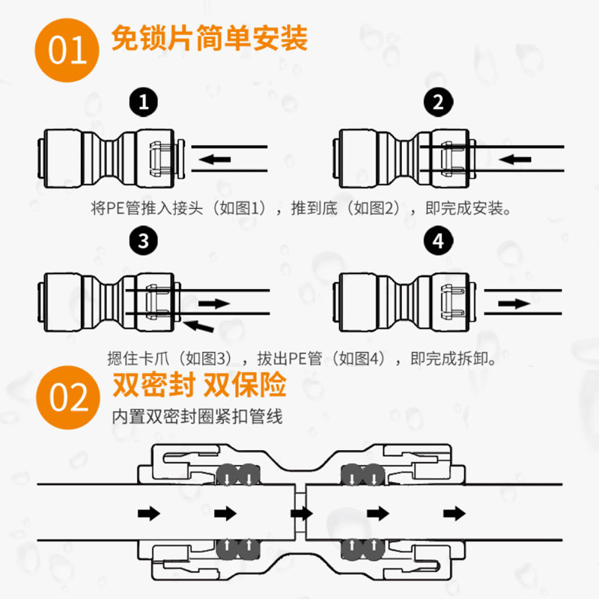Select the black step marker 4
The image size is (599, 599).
click(x=437, y=240)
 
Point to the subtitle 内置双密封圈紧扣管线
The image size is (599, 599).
click(x=198, y=416)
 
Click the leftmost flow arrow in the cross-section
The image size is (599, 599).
click(x=150, y=514)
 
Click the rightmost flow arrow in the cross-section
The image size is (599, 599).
click(x=452, y=514)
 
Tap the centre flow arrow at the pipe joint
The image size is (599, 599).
click(x=301, y=514)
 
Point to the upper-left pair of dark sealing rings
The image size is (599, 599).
click(x=237, y=474)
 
